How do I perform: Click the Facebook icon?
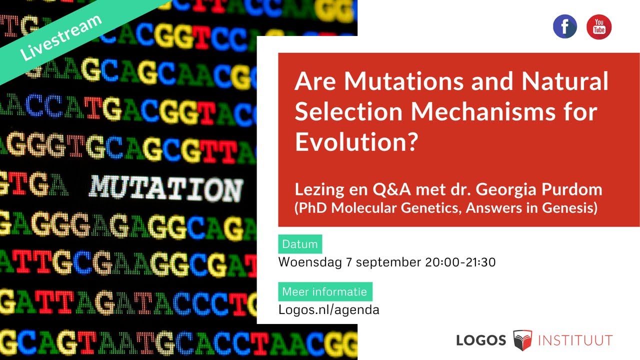click(565, 27)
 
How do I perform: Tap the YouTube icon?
click(599, 27)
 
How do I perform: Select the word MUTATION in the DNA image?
click(166, 189)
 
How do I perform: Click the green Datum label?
click(300, 244)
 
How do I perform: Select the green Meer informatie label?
click(325, 292)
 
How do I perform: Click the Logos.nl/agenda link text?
click(328, 310)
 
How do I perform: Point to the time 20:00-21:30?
click(460, 262)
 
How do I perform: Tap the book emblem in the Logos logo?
click(522, 340)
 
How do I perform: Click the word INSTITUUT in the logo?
click(575, 340)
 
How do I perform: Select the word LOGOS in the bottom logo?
click(481, 340)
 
